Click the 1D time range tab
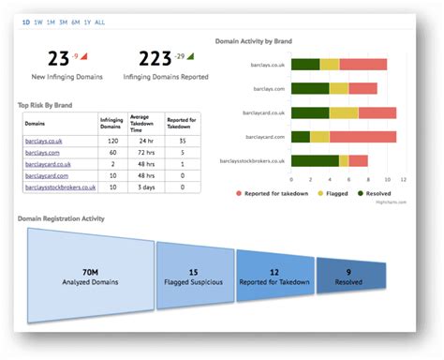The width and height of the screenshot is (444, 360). click(x=26, y=22)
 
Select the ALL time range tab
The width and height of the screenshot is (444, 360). click(x=99, y=22)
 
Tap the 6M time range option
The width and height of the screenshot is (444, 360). click(x=74, y=22)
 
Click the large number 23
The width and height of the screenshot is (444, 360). click(x=58, y=60)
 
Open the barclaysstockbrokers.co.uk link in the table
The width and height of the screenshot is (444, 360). click(x=60, y=187)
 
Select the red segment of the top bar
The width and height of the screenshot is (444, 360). click(x=363, y=64)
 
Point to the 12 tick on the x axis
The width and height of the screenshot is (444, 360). click(x=402, y=178)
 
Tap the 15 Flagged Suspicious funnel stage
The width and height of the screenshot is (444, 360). click(x=194, y=275)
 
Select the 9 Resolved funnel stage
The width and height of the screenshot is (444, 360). click(x=349, y=275)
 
